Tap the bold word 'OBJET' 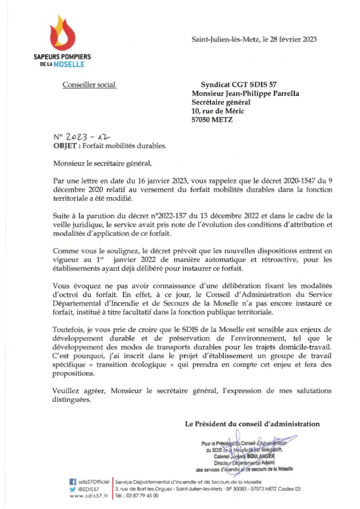[x=64, y=146]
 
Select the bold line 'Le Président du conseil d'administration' [x=252, y=423]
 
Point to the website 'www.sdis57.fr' [x=89, y=497]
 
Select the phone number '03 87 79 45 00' [x=143, y=497]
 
